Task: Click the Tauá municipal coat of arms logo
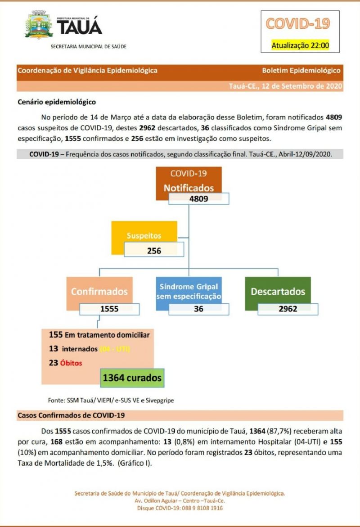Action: pos(39,26)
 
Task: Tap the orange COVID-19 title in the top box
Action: pos(297,23)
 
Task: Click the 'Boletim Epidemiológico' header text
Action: pos(301,71)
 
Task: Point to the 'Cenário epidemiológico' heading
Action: pos(57,102)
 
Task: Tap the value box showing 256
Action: pos(154,251)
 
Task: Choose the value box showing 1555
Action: pos(109,309)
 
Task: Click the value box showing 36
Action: pos(198,309)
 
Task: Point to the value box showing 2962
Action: pos(288,309)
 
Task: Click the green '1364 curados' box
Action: pos(132,378)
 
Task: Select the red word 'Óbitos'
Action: pos(72,363)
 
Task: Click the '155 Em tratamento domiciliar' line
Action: pos(99,335)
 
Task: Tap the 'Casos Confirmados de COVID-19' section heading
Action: pos(71,415)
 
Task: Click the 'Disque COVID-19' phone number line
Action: pos(180,508)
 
